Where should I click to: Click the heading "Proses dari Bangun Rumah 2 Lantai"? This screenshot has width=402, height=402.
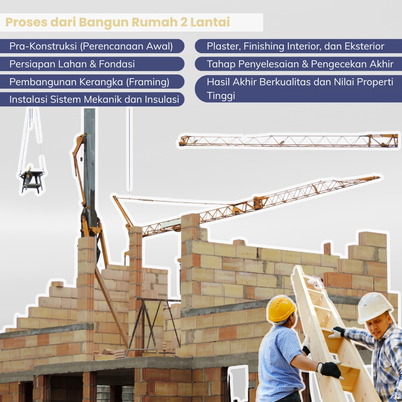(x=117, y=22)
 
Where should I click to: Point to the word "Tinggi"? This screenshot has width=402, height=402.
(x=221, y=96)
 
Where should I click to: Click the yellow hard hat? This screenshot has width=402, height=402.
(x=281, y=309)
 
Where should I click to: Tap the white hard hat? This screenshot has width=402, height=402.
(x=373, y=307)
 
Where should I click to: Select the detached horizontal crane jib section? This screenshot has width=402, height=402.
(x=288, y=141)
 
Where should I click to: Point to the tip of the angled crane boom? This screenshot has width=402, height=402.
(x=380, y=177)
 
